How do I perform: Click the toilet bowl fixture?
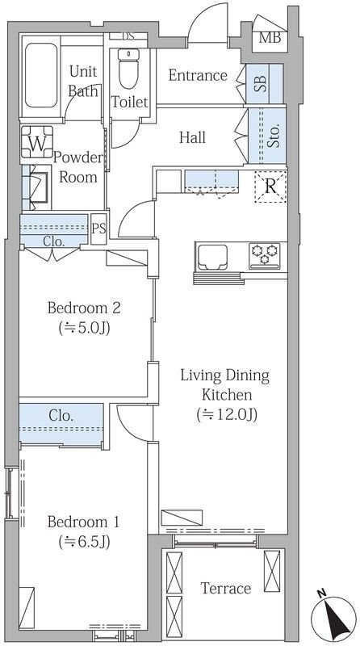[x=128, y=68]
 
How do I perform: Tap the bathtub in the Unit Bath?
[x=41, y=75]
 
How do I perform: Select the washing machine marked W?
[x=37, y=142]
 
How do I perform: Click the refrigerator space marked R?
[x=270, y=187]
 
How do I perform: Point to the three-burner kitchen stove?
[x=265, y=256]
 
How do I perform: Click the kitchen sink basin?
[x=212, y=257]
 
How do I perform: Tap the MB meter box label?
[x=270, y=38]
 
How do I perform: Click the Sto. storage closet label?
[x=274, y=135]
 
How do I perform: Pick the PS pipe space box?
[x=98, y=229]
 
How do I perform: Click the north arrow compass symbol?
[x=333, y=617]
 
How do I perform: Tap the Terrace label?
[x=226, y=588]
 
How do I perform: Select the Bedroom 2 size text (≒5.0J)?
[x=85, y=329]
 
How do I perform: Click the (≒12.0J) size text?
[x=227, y=414]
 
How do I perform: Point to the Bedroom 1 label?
[x=83, y=522]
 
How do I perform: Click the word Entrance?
[x=198, y=75]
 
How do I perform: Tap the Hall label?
[x=192, y=137]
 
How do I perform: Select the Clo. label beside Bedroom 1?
[x=61, y=415]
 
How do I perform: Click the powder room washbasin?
[x=39, y=188]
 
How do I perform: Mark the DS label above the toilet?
[x=128, y=36]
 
